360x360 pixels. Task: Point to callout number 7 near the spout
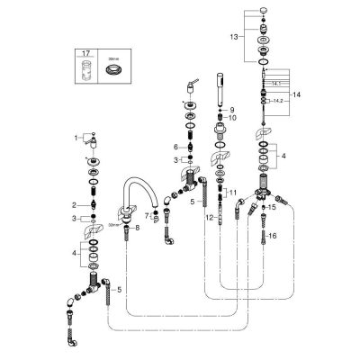[146, 215]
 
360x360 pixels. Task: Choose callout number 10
[231, 118]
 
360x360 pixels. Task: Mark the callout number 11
[234, 193]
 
